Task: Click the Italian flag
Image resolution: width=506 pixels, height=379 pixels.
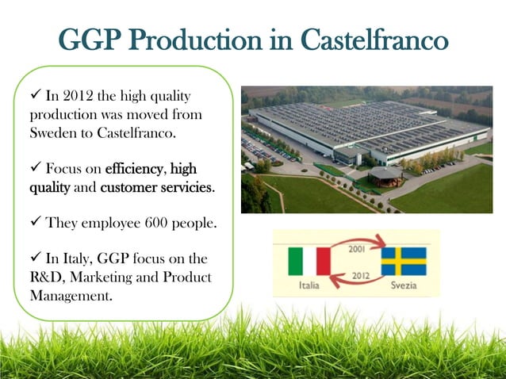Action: [x=309, y=260]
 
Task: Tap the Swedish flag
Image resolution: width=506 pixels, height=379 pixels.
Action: [x=404, y=261]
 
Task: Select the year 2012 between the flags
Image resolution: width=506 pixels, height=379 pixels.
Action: [x=358, y=274]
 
